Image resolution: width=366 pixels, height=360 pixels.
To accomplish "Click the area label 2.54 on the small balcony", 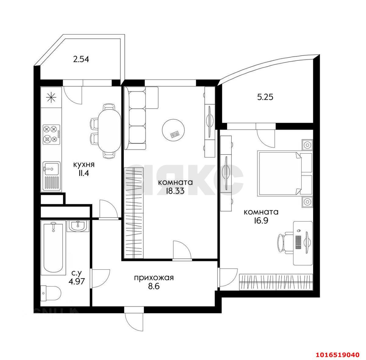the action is pos(81,59).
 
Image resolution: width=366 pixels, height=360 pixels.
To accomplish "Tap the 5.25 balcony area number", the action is pos(265,97).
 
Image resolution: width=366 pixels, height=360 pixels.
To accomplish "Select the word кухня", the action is pos(84,164).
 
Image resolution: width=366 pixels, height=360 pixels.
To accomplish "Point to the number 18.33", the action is pos(175,191).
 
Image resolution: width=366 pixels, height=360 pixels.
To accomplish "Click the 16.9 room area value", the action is pos(261,221).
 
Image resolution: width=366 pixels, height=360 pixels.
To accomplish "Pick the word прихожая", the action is pos(154,278).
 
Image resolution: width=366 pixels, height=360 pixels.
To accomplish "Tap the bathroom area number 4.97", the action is pos(77,281).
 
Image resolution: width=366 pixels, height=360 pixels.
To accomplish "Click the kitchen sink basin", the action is pos(52,168).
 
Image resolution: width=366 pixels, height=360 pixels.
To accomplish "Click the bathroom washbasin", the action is pos(78,226).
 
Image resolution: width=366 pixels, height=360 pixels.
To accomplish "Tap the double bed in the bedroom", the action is pos(285,173).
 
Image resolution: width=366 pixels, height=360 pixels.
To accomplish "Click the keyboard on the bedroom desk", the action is pos(298,243).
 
